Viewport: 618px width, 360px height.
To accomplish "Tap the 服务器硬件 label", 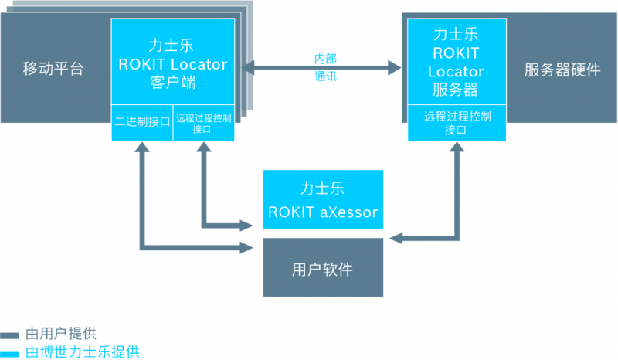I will click(x=562, y=70).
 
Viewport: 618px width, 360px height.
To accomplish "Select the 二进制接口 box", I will click(x=142, y=122).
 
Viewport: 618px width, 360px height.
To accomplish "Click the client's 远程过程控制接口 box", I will click(x=203, y=123).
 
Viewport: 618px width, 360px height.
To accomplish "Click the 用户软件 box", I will click(x=323, y=268).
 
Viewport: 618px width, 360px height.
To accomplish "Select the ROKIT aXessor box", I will click(x=323, y=200).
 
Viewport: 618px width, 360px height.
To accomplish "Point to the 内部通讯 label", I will click(x=325, y=67).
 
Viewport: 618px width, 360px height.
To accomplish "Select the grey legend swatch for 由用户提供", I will click(x=10, y=335).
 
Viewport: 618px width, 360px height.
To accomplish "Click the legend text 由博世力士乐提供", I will click(x=82, y=352).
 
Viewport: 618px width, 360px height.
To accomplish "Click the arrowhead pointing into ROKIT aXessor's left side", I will click(x=248, y=226).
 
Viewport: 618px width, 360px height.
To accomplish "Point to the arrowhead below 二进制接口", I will click(x=142, y=150).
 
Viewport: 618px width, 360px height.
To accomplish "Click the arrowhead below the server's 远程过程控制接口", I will click(x=457, y=149).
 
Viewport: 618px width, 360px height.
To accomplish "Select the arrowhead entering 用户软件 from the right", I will click(x=396, y=238).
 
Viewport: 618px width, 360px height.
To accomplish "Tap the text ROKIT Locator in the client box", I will click(x=173, y=64).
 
